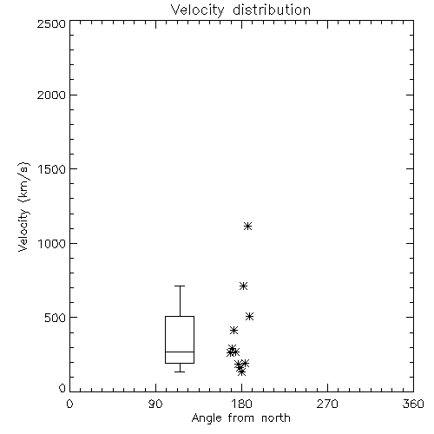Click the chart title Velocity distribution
coord(240,10)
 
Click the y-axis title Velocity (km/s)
coord(23,207)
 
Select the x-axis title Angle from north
coord(240,418)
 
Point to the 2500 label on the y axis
coord(51,23)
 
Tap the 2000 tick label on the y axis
coord(51,95)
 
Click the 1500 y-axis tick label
coord(52,169)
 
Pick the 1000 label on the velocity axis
coord(52,244)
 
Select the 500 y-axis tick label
coord(55,318)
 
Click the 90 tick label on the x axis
coord(155,404)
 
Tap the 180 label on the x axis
coord(241,404)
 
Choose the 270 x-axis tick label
coord(327,404)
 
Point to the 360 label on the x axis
coord(413,404)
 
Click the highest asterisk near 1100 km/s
coord(247,226)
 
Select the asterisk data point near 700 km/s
coord(243,286)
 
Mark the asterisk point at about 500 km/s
coord(249,317)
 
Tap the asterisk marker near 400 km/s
coord(233,330)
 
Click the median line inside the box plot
coord(180,352)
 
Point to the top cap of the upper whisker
coord(180,286)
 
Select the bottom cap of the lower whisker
coord(180,372)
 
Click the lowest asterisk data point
coord(241,372)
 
